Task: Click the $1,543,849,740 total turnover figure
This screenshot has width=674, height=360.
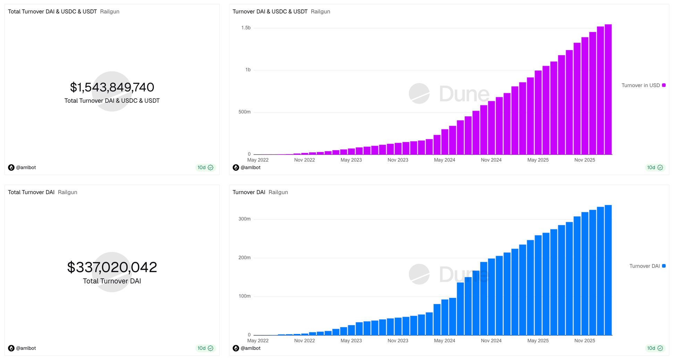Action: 112,87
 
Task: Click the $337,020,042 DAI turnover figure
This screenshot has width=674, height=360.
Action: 112,267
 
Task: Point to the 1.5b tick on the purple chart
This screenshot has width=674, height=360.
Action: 246,28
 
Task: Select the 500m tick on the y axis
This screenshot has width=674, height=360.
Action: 244,112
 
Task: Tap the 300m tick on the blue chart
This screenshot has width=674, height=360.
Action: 244,219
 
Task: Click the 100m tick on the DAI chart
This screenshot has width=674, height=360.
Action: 244,296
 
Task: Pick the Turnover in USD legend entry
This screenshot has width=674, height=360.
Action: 640,85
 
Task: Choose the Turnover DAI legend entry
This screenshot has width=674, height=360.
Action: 644,266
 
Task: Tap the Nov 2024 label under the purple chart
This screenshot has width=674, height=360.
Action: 491,160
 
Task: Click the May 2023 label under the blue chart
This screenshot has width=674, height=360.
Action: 351,341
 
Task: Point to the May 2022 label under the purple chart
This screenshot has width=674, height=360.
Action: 258,160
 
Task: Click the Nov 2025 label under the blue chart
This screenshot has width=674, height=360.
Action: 584,341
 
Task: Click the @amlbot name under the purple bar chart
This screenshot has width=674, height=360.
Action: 250,168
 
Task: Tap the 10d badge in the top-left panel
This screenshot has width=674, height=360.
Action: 205,168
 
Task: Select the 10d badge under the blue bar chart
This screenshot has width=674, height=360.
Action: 655,348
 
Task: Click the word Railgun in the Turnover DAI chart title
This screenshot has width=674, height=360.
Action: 278,192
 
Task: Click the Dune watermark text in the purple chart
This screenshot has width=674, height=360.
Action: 464,94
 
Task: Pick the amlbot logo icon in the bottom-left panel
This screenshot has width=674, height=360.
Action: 11,348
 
